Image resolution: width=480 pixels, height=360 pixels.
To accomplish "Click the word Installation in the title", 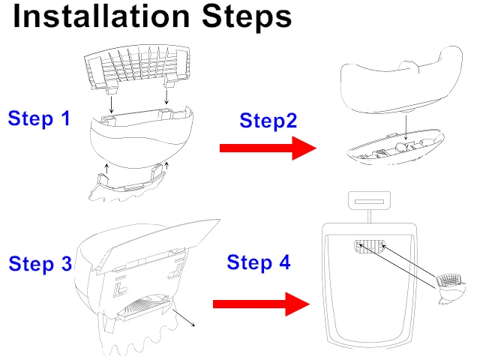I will pyautogui.click(x=102, y=17).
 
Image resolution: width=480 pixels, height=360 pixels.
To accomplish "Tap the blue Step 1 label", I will pyautogui.click(x=39, y=118).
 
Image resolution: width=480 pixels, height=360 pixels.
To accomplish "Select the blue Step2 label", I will pyautogui.click(x=268, y=121).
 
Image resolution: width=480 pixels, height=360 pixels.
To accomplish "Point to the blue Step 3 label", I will pyautogui.click(x=40, y=264).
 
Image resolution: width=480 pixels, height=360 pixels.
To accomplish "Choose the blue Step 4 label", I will pyautogui.click(x=258, y=262).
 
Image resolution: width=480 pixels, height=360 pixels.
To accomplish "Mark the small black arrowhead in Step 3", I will pyautogui.click(x=194, y=325).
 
